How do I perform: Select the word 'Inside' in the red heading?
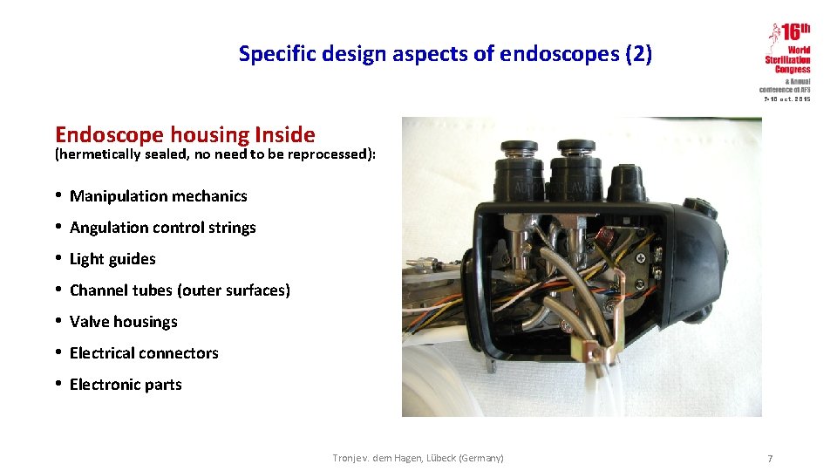pyautogui.click(x=284, y=134)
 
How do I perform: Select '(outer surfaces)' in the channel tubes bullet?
pyautogui.click(x=233, y=290)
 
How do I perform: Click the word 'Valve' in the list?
pyautogui.click(x=89, y=322)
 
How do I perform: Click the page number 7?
pyautogui.click(x=769, y=459)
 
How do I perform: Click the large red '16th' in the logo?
pyautogui.click(x=795, y=33)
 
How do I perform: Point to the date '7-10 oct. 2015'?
pyautogui.click(x=787, y=99)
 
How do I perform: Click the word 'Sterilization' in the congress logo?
pyautogui.click(x=787, y=60)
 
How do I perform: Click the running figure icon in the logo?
pyautogui.click(x=772, y=36)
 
